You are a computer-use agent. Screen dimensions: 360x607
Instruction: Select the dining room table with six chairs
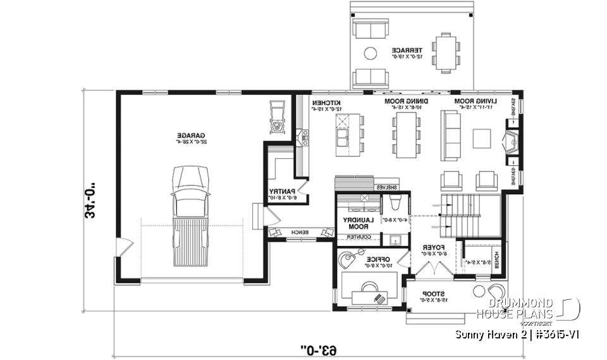406,135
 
